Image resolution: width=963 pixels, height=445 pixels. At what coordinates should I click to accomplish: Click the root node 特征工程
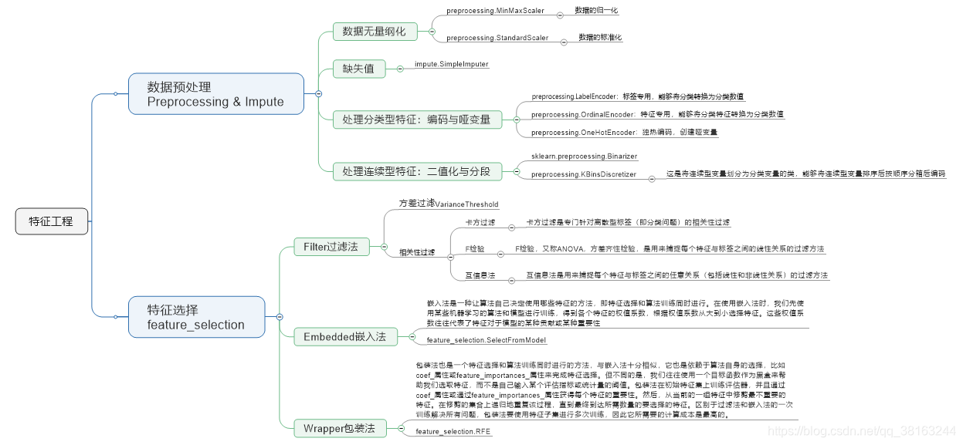[52, 221]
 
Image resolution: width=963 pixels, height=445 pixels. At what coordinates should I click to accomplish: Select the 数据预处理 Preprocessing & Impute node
[215, 94]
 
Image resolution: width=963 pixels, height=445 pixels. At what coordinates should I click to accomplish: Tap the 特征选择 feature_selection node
[196, 317]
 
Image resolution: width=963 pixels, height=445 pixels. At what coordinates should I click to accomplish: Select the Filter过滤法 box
[331, 247]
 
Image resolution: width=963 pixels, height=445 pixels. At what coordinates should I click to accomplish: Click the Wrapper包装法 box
[339, 428]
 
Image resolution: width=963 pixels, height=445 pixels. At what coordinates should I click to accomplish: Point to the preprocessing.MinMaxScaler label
[495, 12]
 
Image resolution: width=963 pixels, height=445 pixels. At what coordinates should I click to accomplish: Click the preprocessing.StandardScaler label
[497, 38]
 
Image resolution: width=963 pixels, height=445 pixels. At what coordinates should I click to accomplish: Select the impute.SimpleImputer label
[452, 64]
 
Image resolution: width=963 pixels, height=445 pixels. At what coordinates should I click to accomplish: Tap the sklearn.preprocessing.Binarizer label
[584, 157]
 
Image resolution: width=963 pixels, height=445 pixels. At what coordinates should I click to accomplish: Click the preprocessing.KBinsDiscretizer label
[584, 175]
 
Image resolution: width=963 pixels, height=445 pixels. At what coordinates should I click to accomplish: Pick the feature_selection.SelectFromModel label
[487, 340]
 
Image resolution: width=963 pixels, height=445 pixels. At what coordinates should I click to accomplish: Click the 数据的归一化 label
[596, 11]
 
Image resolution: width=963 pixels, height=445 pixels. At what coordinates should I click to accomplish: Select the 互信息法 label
[480, 275]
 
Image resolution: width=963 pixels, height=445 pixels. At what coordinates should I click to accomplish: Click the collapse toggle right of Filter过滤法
[384, 247]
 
